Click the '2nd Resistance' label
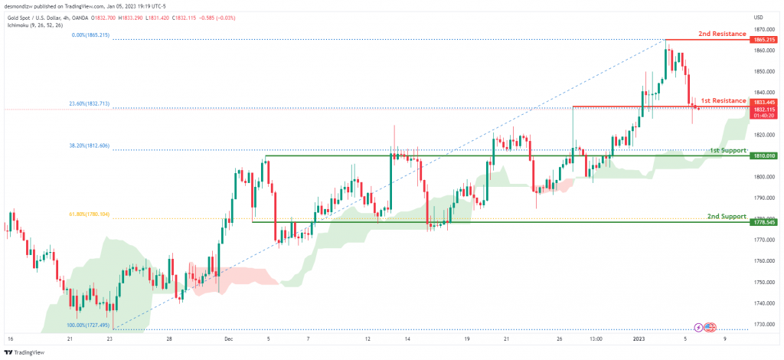(x=723, y=35)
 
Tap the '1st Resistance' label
(x=723, y=101)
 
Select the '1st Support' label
(x=727, y=151)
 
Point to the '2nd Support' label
(x=727, y=217)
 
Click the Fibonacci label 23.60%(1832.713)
(x=90, y=103)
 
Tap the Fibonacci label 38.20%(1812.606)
(x=90, y=146)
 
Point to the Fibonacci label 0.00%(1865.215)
(x=90, y=34)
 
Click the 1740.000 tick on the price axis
(x=763, y=303)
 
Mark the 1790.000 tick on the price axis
(x=763, y=198)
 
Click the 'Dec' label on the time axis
(x=229, y=337)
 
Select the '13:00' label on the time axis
(x=595, y=337)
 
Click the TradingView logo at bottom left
(x=25, y=352)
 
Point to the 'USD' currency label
(x=759, y=18)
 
